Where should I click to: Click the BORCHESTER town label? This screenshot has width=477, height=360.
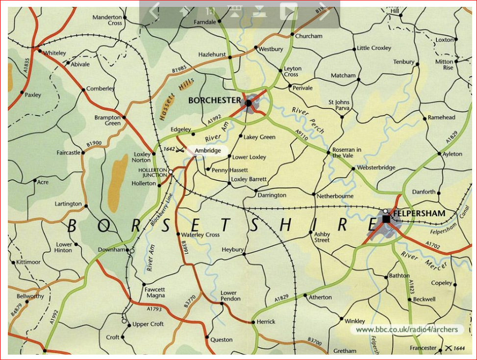[x=215, y=100]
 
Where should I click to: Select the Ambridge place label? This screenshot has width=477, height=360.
[x=207, y=150]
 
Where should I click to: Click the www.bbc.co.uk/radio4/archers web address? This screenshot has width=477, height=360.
[x=406, y=330]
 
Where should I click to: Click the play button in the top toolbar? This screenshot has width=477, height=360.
[x=289, y=11]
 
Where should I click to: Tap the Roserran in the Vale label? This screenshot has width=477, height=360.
[x=347, y=152]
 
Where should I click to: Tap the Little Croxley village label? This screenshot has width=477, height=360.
[x=374, y=48]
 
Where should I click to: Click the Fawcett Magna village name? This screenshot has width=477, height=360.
[x=154, y=292]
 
